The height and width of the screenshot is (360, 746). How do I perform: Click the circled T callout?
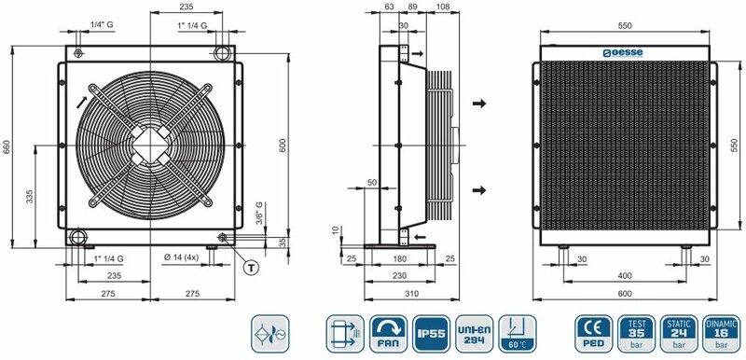[251, 268]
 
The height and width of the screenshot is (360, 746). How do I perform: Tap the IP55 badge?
[431, 334]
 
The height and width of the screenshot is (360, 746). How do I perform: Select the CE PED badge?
[594, 334]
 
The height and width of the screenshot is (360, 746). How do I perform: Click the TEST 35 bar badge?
[636, 334]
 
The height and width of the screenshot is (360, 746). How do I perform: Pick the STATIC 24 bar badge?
[679, 334]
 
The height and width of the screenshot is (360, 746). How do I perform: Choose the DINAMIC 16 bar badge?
[721, 334]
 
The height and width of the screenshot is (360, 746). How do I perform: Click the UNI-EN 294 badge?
[474, 334]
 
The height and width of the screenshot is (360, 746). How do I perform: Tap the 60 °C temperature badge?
[518, 334]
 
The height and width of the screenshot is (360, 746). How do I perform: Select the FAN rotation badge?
[388, 334]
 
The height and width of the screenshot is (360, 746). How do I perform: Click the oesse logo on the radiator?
[623, 53]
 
